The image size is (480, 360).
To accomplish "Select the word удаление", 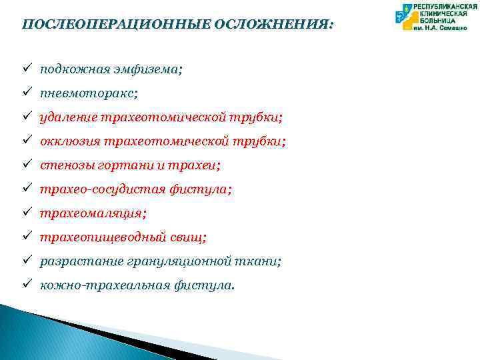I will (x=69, y=117).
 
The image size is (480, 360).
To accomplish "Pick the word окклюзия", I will (x=70, y=141).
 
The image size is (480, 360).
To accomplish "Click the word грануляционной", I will (x=184, y=261).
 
